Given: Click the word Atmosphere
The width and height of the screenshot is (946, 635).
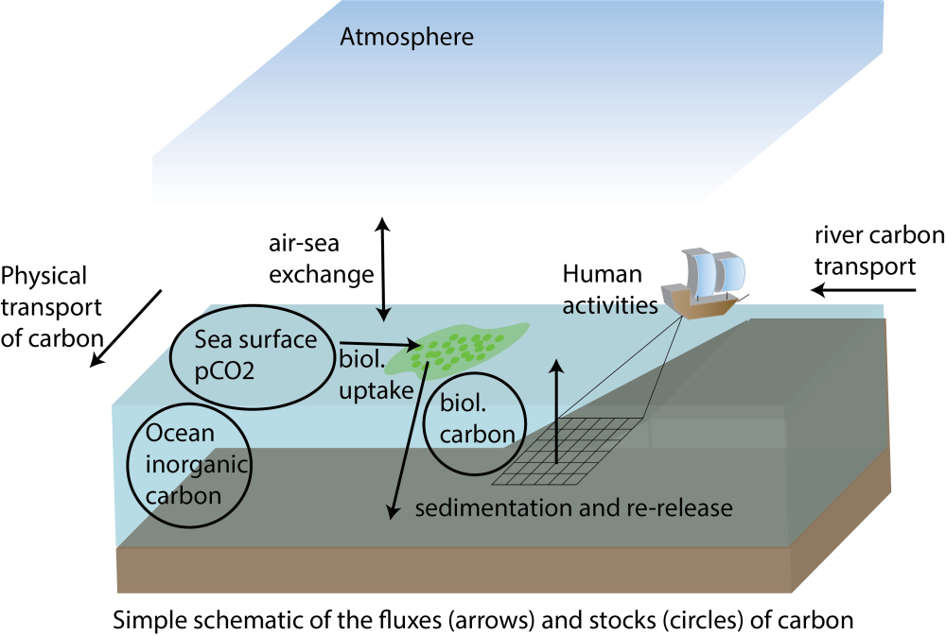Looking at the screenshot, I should tap(407, 39).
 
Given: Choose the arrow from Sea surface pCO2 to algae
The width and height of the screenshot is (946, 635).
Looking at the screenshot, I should tap(377, 345).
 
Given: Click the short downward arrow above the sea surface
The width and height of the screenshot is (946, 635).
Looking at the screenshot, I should tap(383, 311).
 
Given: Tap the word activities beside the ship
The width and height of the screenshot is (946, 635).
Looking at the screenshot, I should tap(609, 307).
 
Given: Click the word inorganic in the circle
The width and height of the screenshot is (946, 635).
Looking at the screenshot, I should tap(189, 465).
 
